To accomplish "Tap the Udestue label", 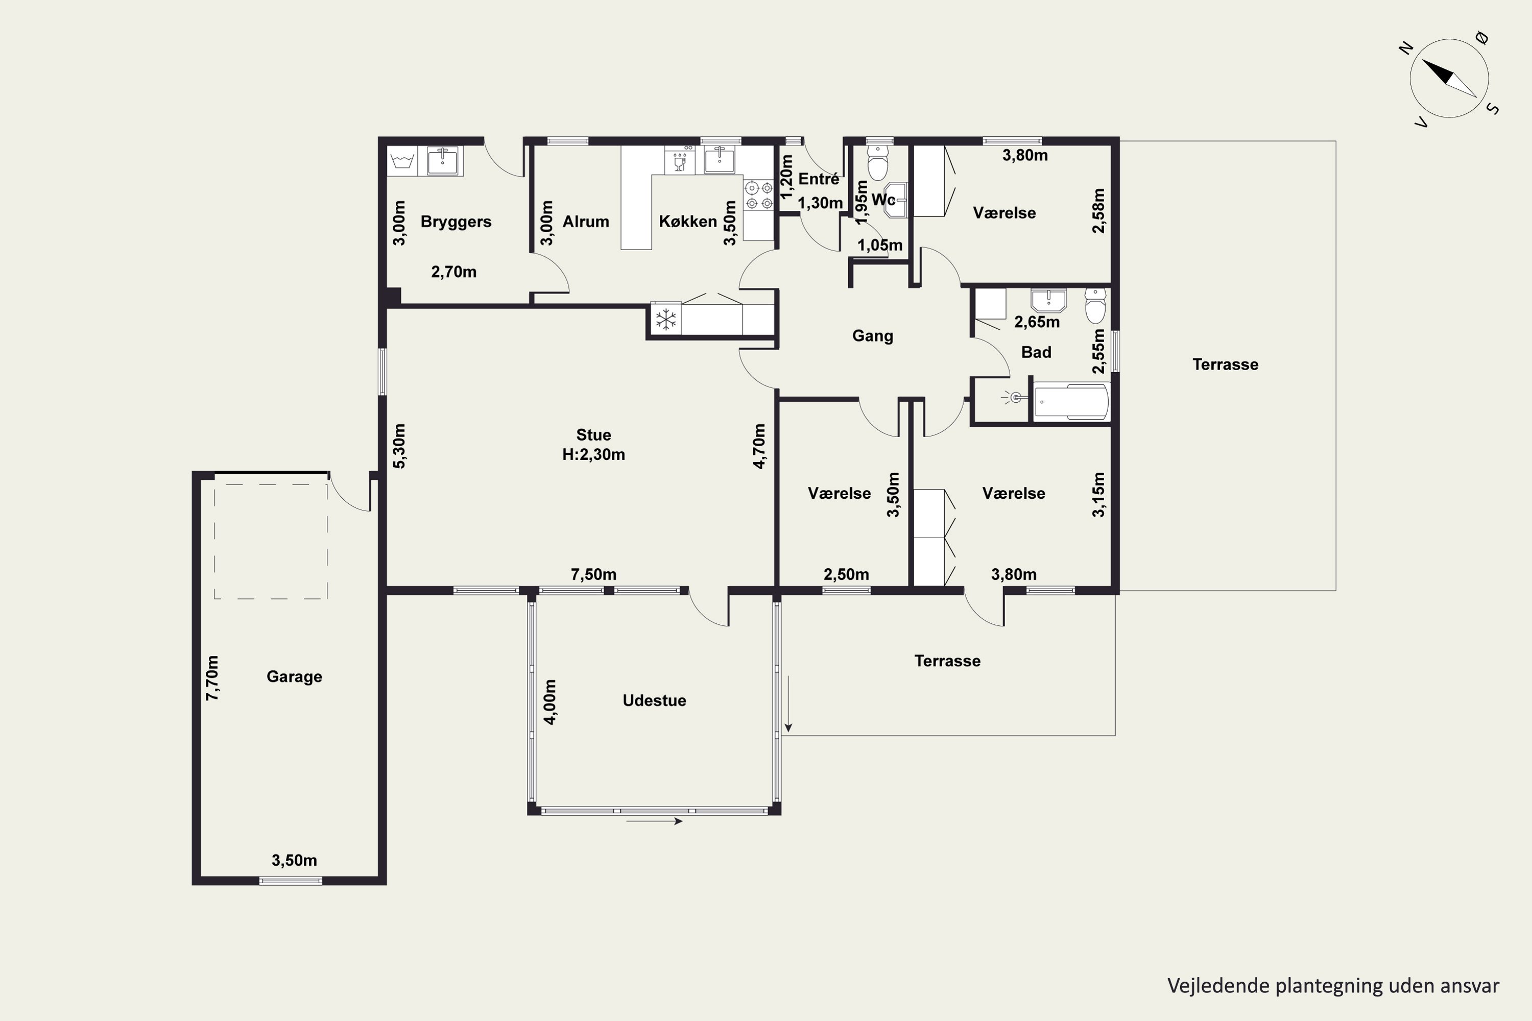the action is (654, 700).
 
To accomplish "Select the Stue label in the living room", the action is (593, 435).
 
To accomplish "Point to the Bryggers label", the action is (456, 222).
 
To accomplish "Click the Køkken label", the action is (688, 222).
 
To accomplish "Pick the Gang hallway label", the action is (872, 336).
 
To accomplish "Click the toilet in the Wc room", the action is (878, 162).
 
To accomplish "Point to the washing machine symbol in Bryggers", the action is (402, 160).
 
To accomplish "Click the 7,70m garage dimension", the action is (212, 678).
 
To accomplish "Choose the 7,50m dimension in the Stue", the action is (593, 574).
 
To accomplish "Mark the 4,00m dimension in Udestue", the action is (550, 702).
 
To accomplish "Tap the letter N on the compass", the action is (1406, 47).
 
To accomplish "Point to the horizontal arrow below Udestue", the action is (655, 821).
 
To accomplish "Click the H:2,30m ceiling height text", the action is (593, 454).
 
